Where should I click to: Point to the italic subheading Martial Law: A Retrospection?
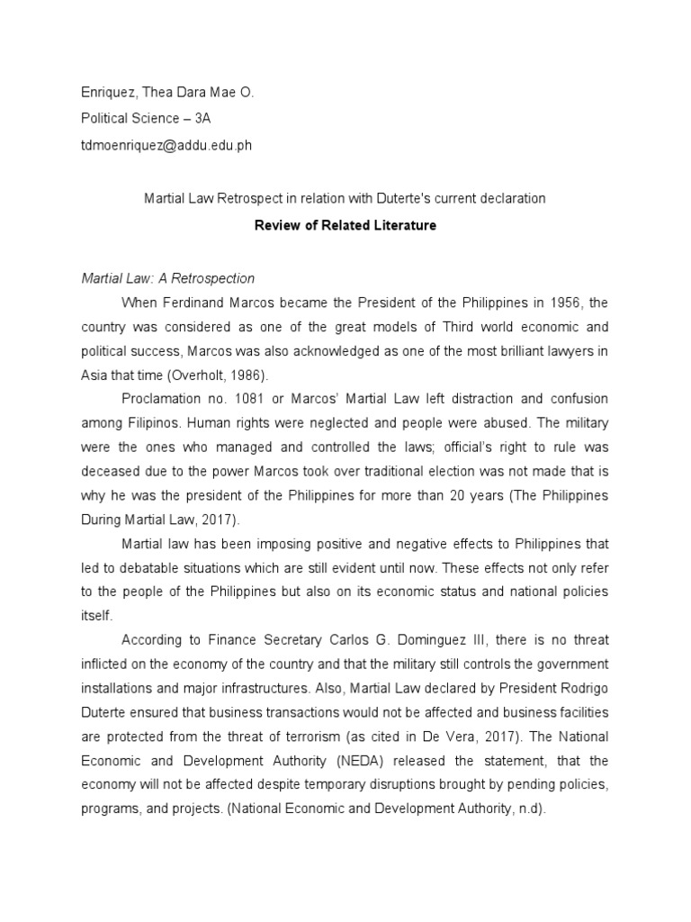[x=168, y=278]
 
